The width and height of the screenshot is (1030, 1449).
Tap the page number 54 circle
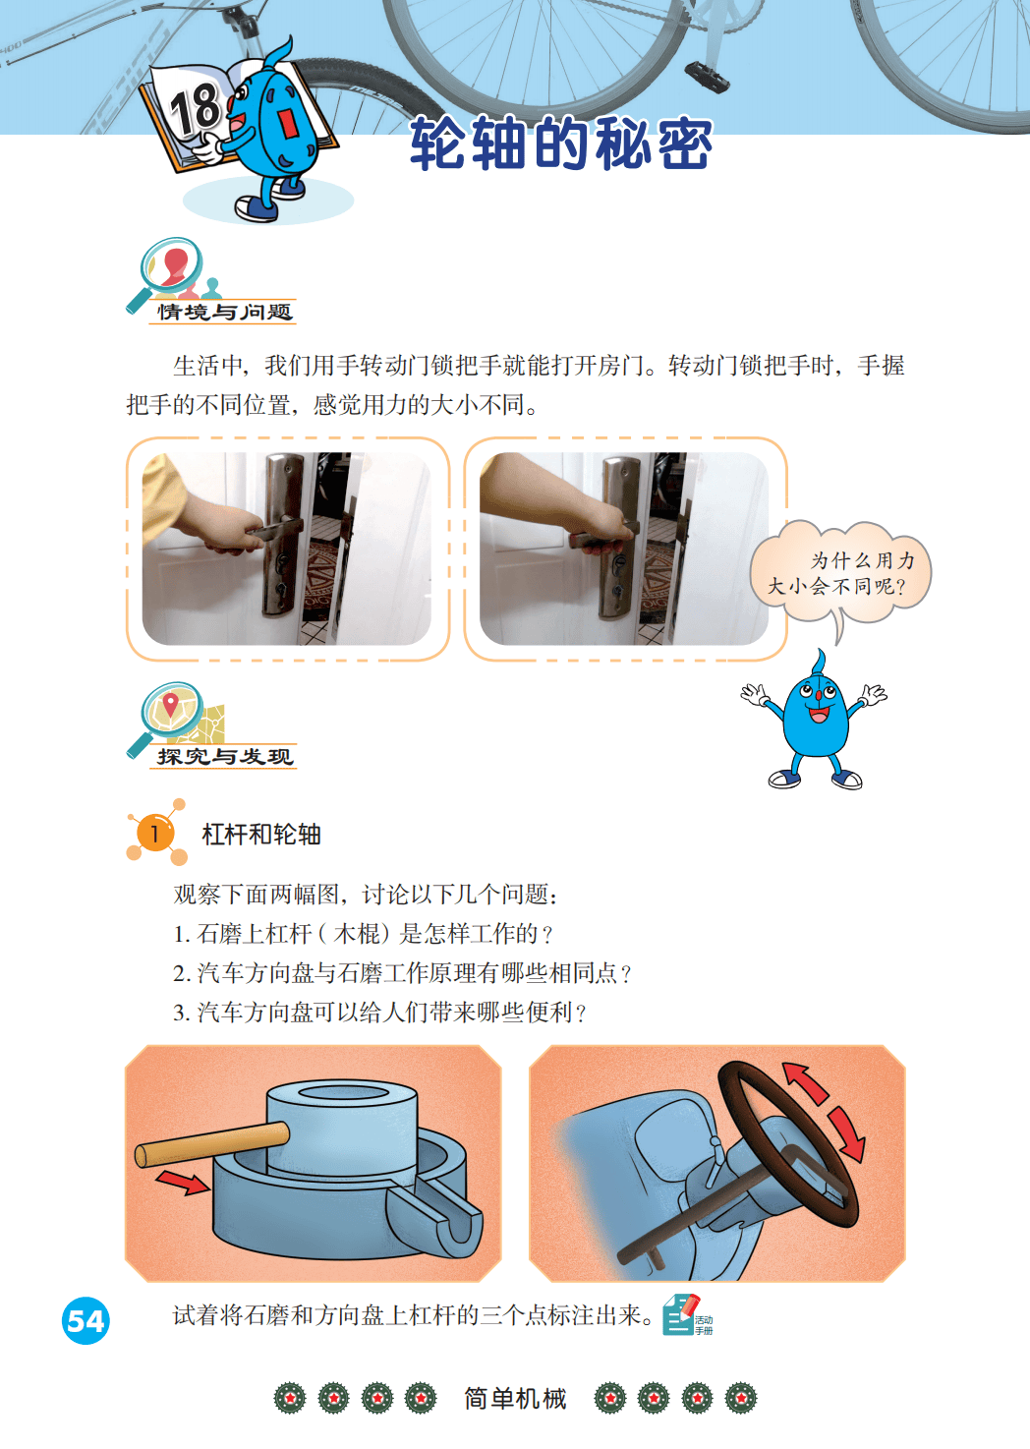(x=86, y=1321)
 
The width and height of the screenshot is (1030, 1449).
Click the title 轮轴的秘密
(x=560, y=144)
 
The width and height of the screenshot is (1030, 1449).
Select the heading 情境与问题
(x=224, y=312)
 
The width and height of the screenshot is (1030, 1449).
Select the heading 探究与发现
(x=224, y=756)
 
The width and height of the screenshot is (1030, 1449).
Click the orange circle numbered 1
(x=155, y=834)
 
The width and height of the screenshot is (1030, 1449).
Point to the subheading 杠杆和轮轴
(x=261, y=834)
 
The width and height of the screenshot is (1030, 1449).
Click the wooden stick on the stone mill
(x=212, y=1145)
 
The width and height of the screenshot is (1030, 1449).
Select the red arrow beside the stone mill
(x=183, y=1181)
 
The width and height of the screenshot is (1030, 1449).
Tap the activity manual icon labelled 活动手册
(x=687, y=1314)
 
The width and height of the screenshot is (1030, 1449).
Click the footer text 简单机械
(x=515, y=1399)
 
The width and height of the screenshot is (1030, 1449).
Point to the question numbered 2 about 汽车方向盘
(x=402, y=973)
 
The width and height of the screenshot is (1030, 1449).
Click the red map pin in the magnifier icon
(x=170, y=704)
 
